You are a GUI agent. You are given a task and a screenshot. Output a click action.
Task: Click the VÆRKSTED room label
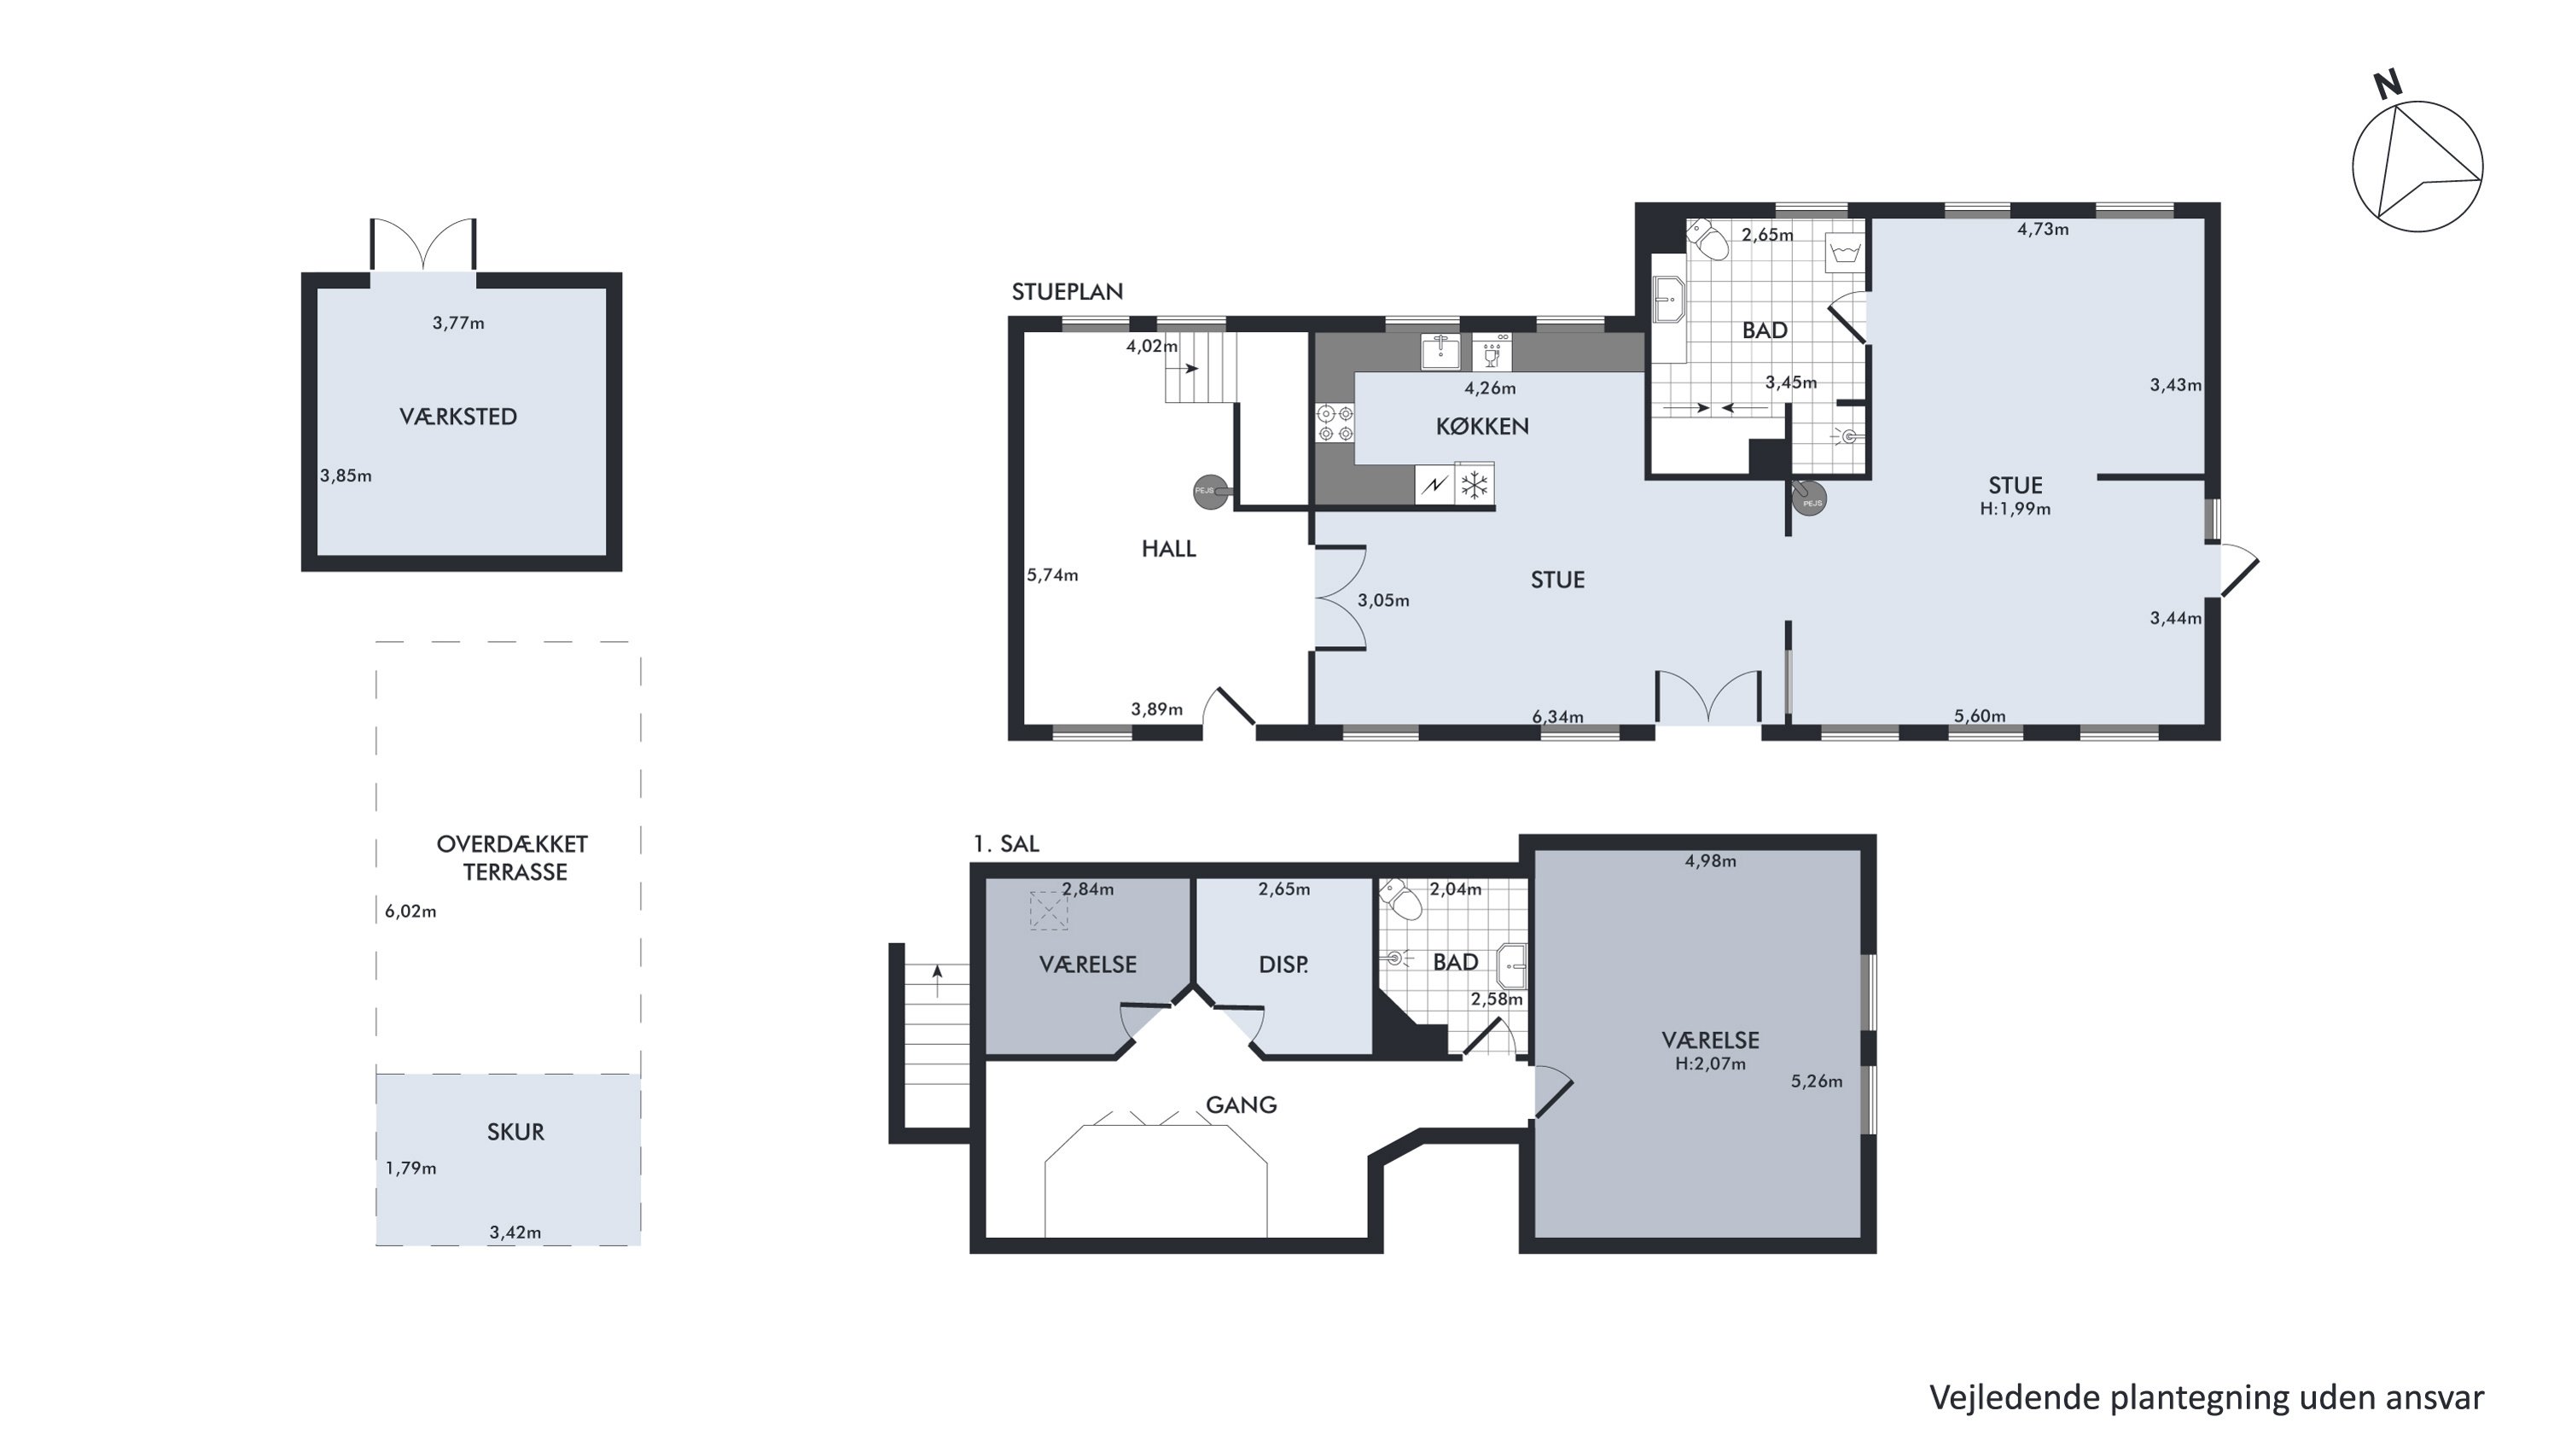coord(458,417)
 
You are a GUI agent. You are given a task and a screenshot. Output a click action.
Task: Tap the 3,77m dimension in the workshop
coord(458,323)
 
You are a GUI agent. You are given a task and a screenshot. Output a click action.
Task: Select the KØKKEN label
coord(1481,426)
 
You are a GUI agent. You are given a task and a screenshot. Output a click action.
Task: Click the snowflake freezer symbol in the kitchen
coord(1475,485)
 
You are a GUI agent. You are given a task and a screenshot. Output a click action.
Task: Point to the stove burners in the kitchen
coord(1335,423)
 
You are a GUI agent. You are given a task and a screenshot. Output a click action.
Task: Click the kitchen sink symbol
coord(1440,352)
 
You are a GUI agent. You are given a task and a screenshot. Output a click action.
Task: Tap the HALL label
coord(1169,549)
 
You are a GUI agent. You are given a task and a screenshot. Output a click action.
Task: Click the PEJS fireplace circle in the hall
coord(1210,491)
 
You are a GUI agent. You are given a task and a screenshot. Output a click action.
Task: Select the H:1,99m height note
coord(2016,509)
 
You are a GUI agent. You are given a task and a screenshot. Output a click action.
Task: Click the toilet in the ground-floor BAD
coord(1708,238)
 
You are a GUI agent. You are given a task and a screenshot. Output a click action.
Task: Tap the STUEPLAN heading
coord(1068,291)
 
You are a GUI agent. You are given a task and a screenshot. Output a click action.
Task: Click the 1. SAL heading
coord(1006,843)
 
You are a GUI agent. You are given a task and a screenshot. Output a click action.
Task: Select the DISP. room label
coord(1283,964)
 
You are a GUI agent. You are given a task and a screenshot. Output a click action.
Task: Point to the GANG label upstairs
coord(1242,1104)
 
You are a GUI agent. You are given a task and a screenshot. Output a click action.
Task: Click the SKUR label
coord(515,1132)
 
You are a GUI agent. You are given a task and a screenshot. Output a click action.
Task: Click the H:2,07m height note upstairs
coord(1710,1064)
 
